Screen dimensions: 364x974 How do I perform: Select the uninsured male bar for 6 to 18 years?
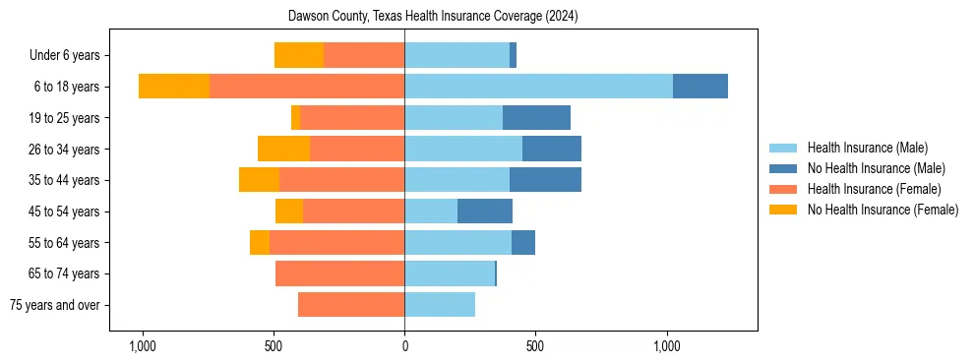click(700, 87)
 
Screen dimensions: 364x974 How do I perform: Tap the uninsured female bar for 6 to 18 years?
click(174, 87)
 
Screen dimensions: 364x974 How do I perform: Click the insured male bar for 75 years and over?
click(440, 305)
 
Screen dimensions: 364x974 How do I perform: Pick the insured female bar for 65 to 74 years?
click(339, 273)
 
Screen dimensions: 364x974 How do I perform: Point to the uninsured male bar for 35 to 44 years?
click(545, 180)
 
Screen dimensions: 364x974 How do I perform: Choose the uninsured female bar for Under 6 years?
click(299, 55)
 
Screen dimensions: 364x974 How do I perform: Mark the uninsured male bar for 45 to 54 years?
click(485, 212)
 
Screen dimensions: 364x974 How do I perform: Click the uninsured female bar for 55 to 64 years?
click(260, 243)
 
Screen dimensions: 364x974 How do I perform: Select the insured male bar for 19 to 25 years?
click(454, 118)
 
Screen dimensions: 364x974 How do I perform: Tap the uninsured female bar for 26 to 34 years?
click(283, 149)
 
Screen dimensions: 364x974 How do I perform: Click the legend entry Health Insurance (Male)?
click(867, 148)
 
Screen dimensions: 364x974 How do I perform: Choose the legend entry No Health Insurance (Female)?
click(883, 210)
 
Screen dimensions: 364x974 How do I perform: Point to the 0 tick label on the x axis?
click(404, 346)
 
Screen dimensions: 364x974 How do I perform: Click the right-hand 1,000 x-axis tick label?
click(667, 346)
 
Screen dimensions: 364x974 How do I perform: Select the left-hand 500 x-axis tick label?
click(274, 346)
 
